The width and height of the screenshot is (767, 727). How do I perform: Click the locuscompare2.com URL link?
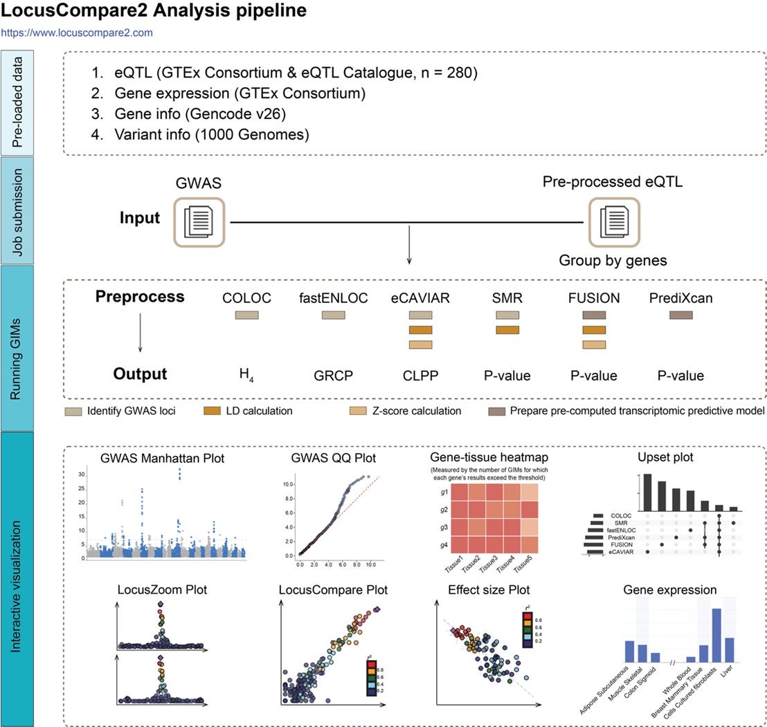(77, 33)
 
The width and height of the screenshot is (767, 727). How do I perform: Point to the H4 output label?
(246, 376)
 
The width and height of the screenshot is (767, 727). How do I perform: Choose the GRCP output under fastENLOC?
(334, 376)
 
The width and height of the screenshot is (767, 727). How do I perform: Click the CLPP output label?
(421, 376)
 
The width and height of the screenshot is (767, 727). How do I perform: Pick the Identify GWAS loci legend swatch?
(74, 412)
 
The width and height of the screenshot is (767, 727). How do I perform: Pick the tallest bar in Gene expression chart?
(716, 637)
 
